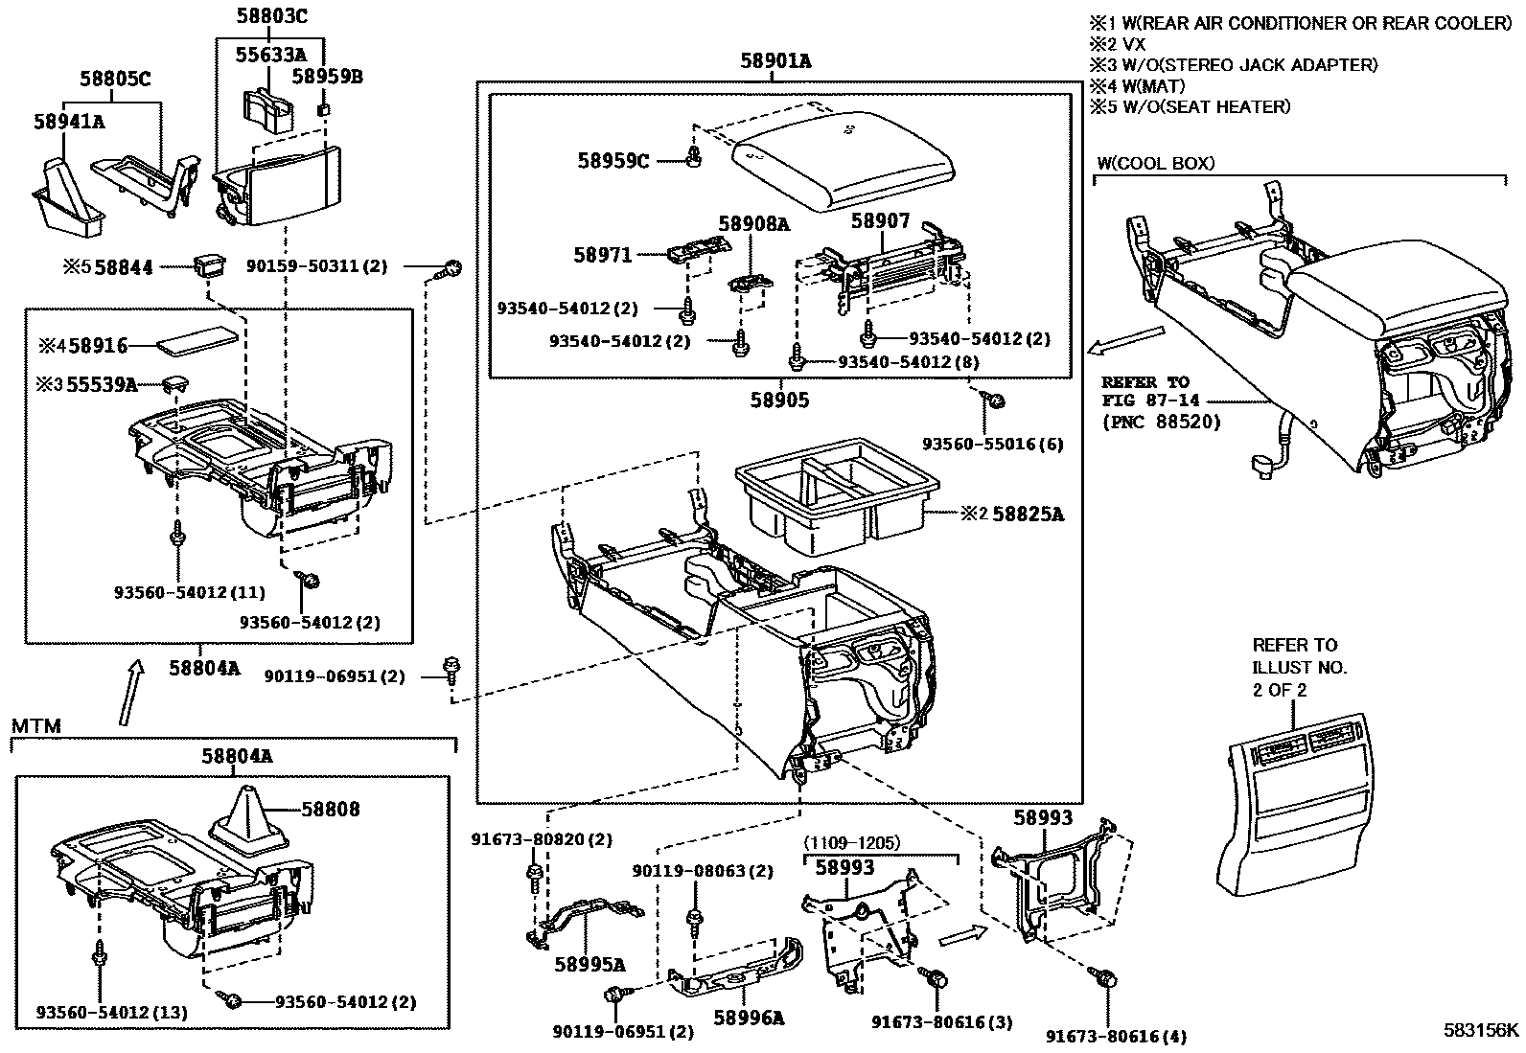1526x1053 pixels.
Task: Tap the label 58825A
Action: pos(1028,515)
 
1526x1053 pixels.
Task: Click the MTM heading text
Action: pos(36,726)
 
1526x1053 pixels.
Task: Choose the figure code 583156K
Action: pos(1481,1030)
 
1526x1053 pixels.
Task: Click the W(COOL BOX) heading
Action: pos(1155,164)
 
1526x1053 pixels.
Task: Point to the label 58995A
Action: pos(589,964)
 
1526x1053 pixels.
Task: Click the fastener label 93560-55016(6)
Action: pos(992,445)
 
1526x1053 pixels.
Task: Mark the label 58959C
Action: pos(613,161)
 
